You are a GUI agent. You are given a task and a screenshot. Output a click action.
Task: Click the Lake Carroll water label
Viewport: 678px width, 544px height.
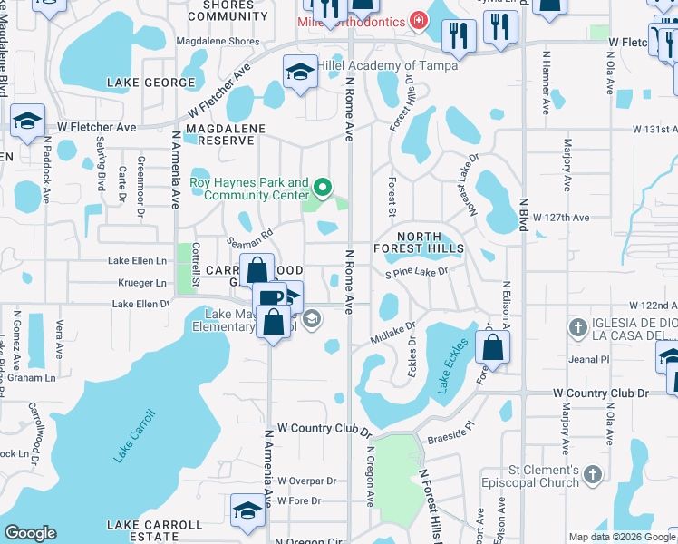(135, 436)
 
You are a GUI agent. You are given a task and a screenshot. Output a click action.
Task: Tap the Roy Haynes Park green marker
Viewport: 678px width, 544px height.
(322, 189)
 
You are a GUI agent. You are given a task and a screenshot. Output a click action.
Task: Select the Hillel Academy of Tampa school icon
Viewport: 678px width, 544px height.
(300, 70)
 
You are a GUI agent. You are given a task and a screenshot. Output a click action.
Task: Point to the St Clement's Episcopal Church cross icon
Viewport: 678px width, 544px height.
(592, 474)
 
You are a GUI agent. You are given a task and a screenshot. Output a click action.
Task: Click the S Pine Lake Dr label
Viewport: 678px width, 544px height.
(416, 272)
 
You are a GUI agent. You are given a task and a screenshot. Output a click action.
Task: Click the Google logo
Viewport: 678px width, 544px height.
(30, 533)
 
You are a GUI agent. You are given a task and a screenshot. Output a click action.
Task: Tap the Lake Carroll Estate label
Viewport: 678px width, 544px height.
(155, 530)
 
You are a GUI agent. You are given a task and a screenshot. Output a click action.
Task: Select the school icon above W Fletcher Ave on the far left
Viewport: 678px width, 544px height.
(28, 120)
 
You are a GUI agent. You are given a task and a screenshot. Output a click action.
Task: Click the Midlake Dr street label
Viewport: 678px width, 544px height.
(392, 334)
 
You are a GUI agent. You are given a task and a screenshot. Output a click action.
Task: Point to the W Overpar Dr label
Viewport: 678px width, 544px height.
(300, 481)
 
